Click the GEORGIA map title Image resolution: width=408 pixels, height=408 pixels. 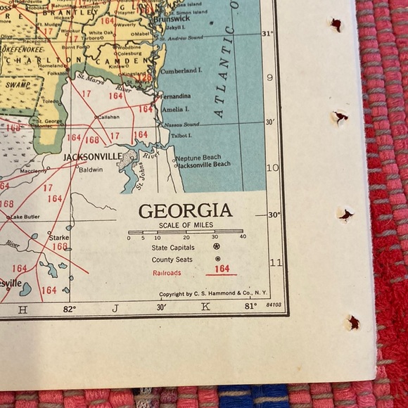(185, 210)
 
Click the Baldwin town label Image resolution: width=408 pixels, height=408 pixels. (90, 170)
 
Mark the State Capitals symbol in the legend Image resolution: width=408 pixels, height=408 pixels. (217, 247)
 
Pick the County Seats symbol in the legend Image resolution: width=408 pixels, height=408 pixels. (217, 259)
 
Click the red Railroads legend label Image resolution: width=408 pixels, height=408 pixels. (166, 272)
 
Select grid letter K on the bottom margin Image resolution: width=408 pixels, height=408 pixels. (205, 308)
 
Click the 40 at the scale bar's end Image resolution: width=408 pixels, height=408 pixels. (243, 237)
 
